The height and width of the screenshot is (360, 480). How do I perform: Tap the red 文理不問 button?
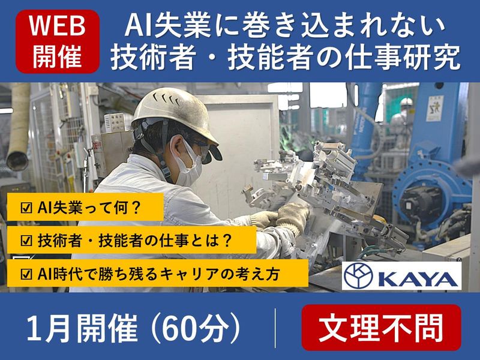[x=381, y=328]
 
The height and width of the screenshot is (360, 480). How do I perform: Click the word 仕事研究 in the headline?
[x=410, y=58]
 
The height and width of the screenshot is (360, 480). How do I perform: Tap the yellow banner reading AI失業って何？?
[x=83, y=208]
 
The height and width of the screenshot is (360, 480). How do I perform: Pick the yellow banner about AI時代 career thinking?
[x=155, y=274]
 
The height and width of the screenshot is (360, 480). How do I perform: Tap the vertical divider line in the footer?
[x=275, y=328]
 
